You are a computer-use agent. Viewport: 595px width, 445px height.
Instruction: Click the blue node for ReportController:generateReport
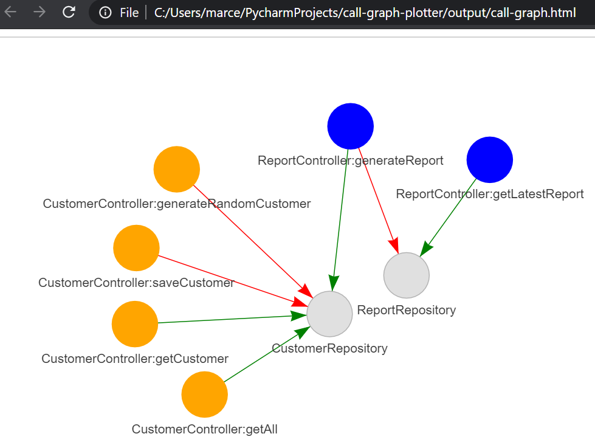click(350, 126)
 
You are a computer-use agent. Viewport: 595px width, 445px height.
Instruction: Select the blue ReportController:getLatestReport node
click(489, 159)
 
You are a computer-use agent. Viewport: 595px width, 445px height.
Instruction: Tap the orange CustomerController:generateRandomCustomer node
click(176, 169)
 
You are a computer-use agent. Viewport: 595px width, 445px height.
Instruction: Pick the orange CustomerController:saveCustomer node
click(136, 247)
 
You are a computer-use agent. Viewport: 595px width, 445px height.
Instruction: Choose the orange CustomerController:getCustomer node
click(135, 324)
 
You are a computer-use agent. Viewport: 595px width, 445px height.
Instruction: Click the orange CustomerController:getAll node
click(204, 395)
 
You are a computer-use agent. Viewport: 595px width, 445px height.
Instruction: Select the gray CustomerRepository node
click(329, 314)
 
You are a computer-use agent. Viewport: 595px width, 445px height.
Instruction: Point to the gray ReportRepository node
click(406, 275)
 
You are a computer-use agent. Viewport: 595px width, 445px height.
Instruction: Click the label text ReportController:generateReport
click(350, 161)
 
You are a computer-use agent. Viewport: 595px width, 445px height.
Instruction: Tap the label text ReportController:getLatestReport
click(489, 195)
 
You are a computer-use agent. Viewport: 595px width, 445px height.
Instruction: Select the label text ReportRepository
click(406, 311)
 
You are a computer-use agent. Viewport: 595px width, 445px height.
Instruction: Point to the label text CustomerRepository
click(329, 349)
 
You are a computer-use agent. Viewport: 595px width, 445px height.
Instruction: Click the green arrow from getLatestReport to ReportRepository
click(451, 213)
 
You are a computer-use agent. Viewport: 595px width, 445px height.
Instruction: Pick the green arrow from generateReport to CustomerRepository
click(340, 219)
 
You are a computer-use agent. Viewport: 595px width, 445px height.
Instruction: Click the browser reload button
click(69, 12)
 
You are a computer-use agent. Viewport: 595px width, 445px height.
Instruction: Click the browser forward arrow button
click(40, 12)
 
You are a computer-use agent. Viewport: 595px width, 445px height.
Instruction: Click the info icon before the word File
click(105, 12)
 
